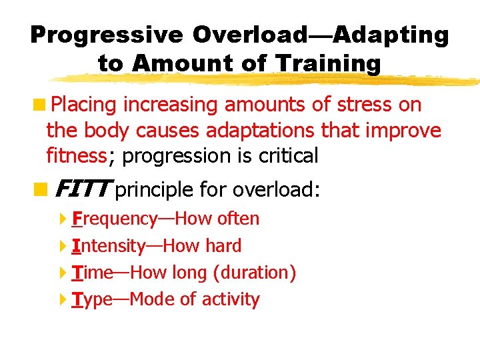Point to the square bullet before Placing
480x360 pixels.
41,105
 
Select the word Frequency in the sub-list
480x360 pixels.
114,219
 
